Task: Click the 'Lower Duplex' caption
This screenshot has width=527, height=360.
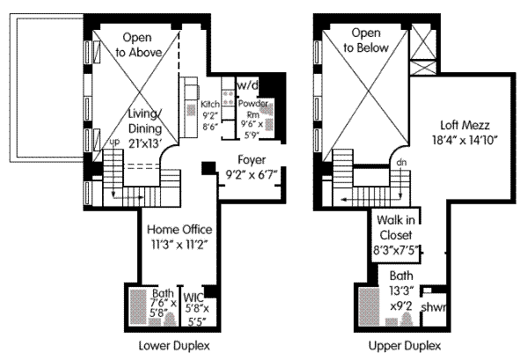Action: (x=174, y=346)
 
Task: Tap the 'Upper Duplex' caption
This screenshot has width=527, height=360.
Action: (x=405, y=346)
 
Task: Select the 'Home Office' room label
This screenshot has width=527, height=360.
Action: (x=179, y=230)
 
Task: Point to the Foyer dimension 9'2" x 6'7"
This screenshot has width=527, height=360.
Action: (x=252, y=175)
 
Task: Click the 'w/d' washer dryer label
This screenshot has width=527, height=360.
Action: (x=248, y=85)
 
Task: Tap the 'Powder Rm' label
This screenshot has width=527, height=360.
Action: (x=253, y=109)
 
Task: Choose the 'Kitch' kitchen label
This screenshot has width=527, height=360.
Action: (x=210, y=104)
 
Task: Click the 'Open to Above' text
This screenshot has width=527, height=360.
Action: (x=138, y=45)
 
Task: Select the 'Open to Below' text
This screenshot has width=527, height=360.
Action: (x=366, y=40)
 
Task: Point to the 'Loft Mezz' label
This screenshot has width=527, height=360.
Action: (x=465, y=125)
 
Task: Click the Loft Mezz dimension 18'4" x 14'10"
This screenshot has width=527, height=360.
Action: (x=465, y=140)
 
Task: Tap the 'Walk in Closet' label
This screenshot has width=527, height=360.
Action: (x=396, y=228)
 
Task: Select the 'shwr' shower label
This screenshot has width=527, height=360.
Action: (x=434, y=307)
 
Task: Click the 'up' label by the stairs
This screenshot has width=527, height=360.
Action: (x=114, y=143)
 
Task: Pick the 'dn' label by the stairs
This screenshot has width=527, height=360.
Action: (x=401, y=162)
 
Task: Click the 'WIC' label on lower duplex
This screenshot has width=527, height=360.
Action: (x=194, y=298)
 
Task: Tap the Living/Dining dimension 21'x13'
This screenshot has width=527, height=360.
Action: (x=145, y=143)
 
